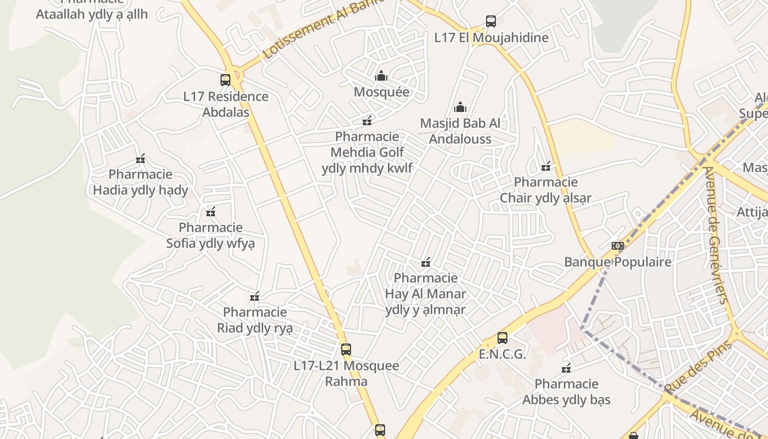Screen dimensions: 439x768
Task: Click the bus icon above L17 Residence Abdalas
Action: click(x=225, y=80)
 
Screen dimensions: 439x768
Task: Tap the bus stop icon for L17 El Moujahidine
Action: click(x=491, y=21)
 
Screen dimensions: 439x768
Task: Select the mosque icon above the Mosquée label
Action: click(x=381, y=76)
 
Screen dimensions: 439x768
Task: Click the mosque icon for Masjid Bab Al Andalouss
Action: click(x=460, y=107)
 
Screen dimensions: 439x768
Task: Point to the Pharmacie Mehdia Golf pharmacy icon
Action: click(x=367, y=121)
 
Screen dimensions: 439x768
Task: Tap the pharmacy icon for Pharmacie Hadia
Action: click(x=140, y=159)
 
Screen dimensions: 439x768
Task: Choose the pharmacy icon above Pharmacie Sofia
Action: click(x=211, y=212)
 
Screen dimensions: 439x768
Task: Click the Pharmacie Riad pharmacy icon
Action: click(x=255, y=297)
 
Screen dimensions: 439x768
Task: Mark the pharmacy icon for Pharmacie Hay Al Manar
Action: click(x=425, y=263)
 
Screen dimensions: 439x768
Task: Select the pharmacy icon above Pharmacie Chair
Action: click(x=546, y=166)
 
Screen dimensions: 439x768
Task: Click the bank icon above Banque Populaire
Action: click(x=618, y=246)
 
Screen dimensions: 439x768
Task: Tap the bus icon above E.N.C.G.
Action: click(x=502, y=338)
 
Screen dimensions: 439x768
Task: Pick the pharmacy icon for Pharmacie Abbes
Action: click(x=567, y=368)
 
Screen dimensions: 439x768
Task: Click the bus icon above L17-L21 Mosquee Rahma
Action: click(x=346, y=350)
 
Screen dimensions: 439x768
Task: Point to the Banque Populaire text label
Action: click(x=618, y=262)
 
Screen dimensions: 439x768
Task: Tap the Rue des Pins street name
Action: click(x=698, y=367)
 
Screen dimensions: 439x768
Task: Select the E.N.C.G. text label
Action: click(x=502, y=354)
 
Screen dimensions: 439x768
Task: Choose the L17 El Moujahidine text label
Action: click(x=491, y=38)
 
